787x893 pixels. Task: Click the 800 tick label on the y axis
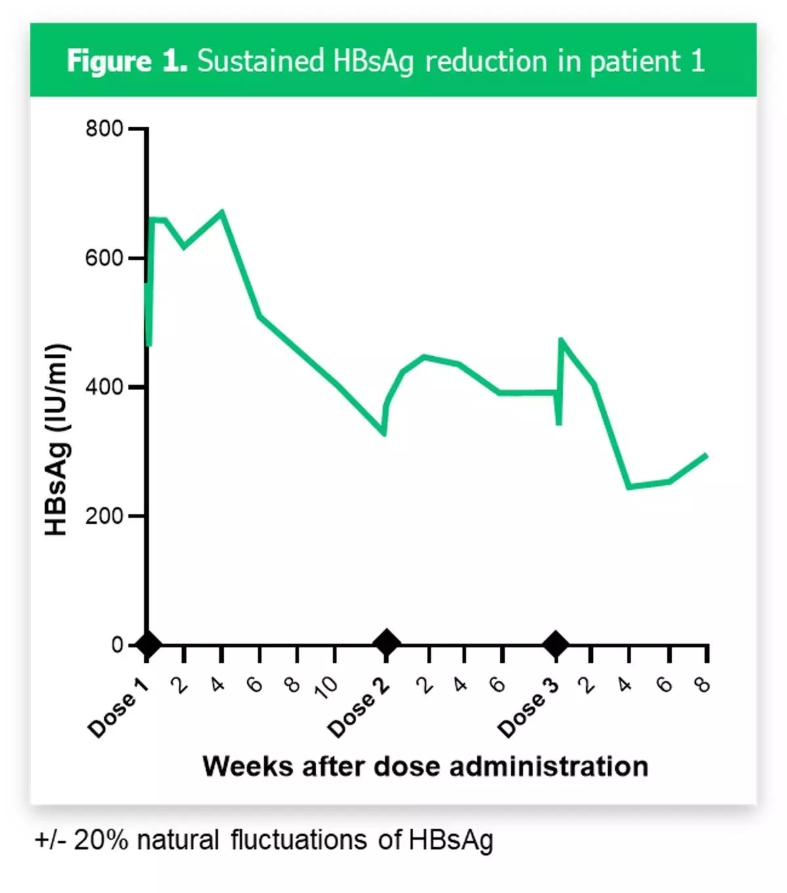pyautogui.click(x=104, y=129)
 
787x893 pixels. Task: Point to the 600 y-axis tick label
pyautogui.click(x=104, y=258)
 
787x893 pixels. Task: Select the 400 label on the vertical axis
pyautogui.click(x=104, y=387)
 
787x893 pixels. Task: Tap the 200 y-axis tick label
pyautogui.click(x=104, y=516)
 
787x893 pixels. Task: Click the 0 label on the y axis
pyautogui.click(x=117, y=645)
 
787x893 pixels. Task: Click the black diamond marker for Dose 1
pyautogui.click(x=148, y=645)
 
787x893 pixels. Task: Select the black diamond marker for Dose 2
pyautogui.click(x=386, y=643)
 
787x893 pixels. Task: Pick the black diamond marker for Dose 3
pyautogui.click(x=556, y=644)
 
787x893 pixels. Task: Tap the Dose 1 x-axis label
pyautogui.click(x=118, y=708)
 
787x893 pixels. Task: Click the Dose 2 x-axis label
pyautogui.click(x=358, y=708)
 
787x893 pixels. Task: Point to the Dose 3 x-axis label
pyautogui.click(x=528, y=708)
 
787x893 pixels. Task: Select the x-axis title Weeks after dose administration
pyautogui.click(x=425, y=766)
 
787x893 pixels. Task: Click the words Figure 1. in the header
pyautogui.click(x=127, y=61)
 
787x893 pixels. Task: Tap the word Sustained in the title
pyautogui.click(x=260, y=61)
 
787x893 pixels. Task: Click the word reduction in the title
pyautogui.click(x=486, y=61)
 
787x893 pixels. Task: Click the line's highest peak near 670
pyautogui.click(x=222, y=212)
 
